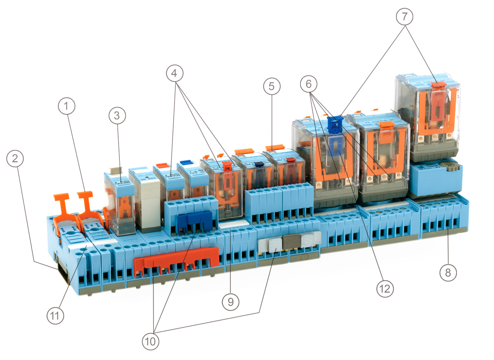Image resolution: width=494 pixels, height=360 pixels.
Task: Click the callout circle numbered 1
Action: pos(67,107)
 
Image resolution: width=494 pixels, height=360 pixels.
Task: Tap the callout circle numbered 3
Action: pos(117,116)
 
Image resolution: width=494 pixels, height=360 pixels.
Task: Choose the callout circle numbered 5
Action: pos(271,86)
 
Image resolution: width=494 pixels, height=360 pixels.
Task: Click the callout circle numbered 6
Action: pos(309,84)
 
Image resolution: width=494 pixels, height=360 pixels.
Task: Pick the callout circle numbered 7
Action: pos(405,17)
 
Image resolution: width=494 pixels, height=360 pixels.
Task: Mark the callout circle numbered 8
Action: pos(448,272)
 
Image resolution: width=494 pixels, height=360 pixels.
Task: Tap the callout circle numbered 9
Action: pos(231,302)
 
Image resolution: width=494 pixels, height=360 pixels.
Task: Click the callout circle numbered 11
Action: pos(55,316)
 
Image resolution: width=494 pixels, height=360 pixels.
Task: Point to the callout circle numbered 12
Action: pos(385,288)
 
